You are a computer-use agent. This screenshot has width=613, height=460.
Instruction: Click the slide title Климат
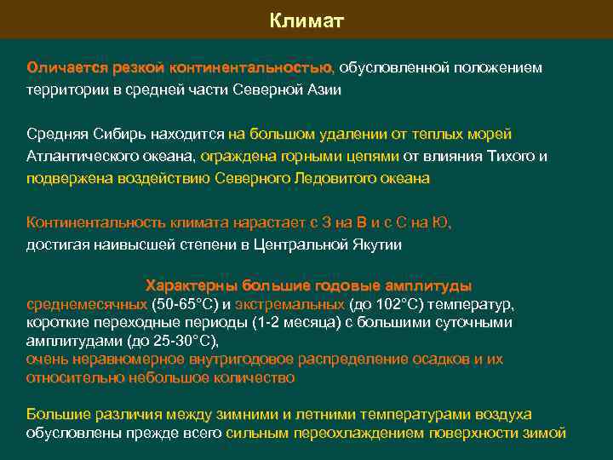point(306,20)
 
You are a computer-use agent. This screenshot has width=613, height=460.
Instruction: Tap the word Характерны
point(192,285)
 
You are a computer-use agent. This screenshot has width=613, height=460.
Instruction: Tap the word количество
point(255,377)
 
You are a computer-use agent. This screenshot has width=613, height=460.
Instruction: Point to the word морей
point(492,135)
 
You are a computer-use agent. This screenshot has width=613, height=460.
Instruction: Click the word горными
point(306,157)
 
